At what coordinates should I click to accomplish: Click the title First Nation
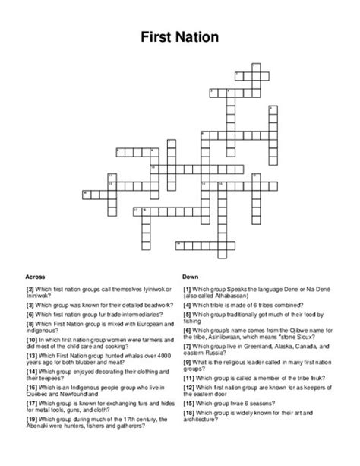coord(180,35)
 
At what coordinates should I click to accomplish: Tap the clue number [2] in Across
coord(29,289)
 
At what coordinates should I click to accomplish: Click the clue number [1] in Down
coord(186,289)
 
